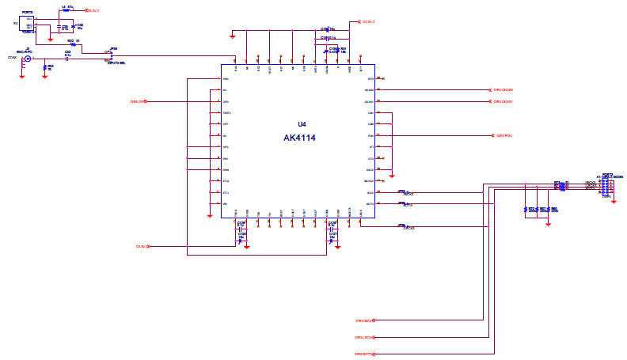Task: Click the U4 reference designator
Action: pyautogui.click(x=301, y=124)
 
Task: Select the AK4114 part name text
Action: pyautogui.click(x=301, y=137)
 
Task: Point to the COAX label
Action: pyautogui.click(x=11, y=58)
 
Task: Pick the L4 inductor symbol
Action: pyautogui.click(x=65, y=11)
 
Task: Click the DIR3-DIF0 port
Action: pyautogui.click(x=139, y=101)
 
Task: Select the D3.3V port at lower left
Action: pyautogui.click(x=142, y=247)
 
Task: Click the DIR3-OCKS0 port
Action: pyautogui.click(x=503, y=89)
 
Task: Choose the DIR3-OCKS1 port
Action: pyautogui.click(x=503, y=101)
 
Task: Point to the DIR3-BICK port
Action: pyautogui.click(x=364, y=320)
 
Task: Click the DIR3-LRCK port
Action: pyautogui.click(x=364, y=337)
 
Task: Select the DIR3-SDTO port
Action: pyautogui.click(x=364, y=354)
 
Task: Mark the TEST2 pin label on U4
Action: pyautogui.click(x=226, y=113)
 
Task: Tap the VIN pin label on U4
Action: pyautogui.click(x=225, y=204)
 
